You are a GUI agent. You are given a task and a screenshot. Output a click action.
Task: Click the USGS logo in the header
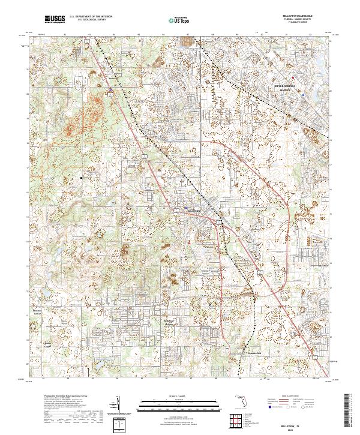coord(55,19)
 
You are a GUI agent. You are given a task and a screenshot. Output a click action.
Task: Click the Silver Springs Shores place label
coord(286,87)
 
